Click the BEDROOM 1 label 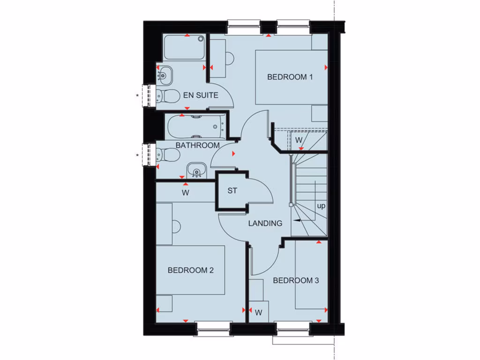tap(290, 77)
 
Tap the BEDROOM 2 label tap(191, 270)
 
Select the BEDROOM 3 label tap(296, 280)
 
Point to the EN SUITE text tap(201, 95)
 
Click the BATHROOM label tap(197, 145)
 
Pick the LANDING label tap(265, 223)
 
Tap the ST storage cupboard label tap(232, 191)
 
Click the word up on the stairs tap(321, 206)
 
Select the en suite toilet tap(167, 96)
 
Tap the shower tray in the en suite tap(184, 48)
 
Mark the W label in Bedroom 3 tap(259, 312)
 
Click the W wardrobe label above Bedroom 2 tap(186, 193)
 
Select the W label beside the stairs tap(299, 140)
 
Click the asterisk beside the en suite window tap(137, 96)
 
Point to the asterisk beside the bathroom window tap(137, 155)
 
